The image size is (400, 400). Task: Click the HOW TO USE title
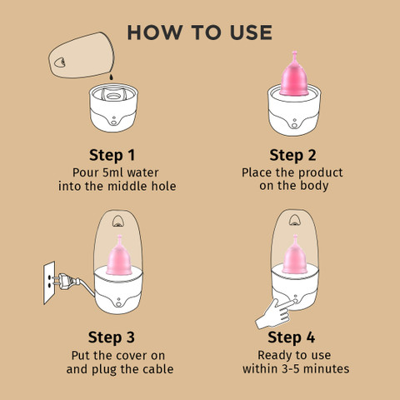point(199,32)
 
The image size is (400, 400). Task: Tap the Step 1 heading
point(112,155)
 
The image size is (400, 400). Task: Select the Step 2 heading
point(292,155)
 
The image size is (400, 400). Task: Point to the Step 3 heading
point(112,337)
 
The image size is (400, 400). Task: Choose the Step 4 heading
point(291,337)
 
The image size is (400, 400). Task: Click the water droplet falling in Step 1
point(111,77)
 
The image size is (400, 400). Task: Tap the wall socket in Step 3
point(49,282)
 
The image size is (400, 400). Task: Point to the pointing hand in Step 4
point(275,313)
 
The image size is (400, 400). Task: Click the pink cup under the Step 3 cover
point(119,257)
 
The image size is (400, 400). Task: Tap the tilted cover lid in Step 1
point(82,55)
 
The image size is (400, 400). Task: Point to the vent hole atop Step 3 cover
point(117,221)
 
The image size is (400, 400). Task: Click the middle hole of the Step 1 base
point(112,97)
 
